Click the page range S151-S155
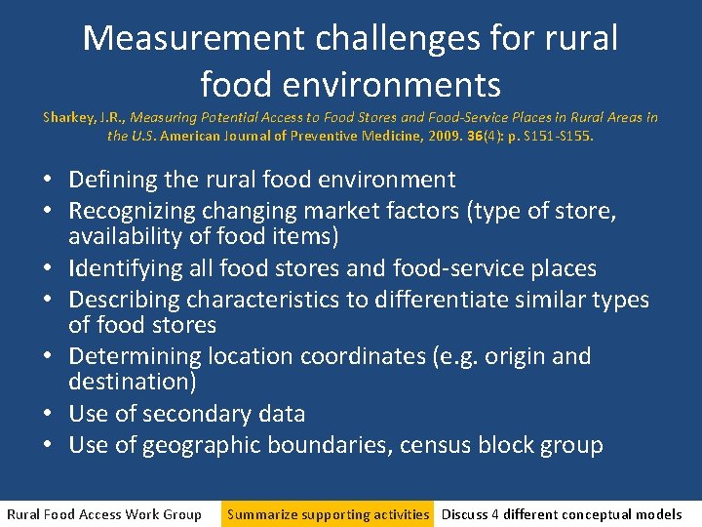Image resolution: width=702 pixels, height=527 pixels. tap(563, 136)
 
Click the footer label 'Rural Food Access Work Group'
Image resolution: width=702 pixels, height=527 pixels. tap(104, 514)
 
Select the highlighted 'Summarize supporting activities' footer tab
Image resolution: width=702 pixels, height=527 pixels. tap(328, 514)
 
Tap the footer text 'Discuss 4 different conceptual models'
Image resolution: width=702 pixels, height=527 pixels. tap(562, 514)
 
